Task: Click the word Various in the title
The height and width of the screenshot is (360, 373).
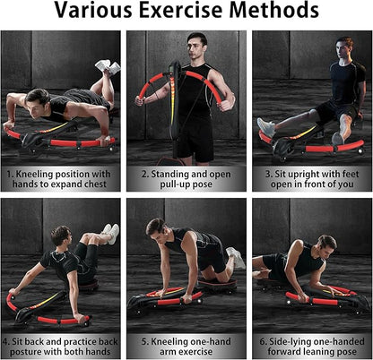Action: click(93, 10)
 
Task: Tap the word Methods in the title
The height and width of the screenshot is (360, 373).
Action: click(274, 10)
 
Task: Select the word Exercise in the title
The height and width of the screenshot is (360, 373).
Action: click(181, 10)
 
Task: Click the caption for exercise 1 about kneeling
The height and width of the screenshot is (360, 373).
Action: click(59, 179)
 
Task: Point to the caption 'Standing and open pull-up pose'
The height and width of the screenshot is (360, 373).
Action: click(186, 179)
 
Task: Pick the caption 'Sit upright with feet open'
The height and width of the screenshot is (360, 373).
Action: click(312, 179)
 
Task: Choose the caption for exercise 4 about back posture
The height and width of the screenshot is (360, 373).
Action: click(60, 347)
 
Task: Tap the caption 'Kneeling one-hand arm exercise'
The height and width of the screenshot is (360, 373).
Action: click(186, 347)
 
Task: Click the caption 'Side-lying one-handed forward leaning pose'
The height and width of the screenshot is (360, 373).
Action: click(312, 347)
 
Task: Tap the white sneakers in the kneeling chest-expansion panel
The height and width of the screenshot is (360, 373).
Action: click(108, 67)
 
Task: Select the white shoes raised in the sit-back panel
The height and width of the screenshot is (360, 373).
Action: click(110, 234)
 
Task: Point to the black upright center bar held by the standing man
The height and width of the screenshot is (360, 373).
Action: click(174, 110)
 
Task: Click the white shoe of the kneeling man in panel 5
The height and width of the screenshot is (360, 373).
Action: click(237, 257)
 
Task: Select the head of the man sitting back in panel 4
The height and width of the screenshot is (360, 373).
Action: click(62, 236)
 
